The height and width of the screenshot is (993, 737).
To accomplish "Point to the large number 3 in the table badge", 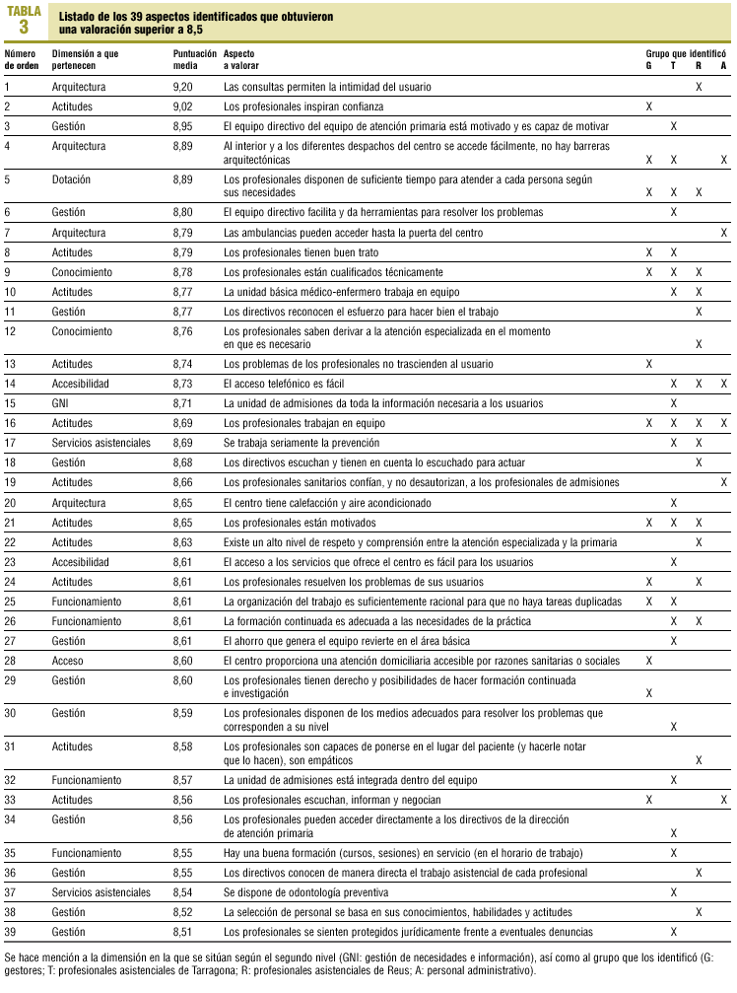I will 24,27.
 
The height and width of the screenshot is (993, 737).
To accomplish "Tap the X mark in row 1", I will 699,87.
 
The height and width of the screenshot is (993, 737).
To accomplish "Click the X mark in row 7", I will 724,233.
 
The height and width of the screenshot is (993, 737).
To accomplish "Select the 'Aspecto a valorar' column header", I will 243,59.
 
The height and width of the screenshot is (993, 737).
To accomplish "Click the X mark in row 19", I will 724,482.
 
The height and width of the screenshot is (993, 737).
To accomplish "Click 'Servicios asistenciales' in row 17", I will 101,442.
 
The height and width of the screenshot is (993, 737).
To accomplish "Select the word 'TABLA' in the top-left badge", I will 24,10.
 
